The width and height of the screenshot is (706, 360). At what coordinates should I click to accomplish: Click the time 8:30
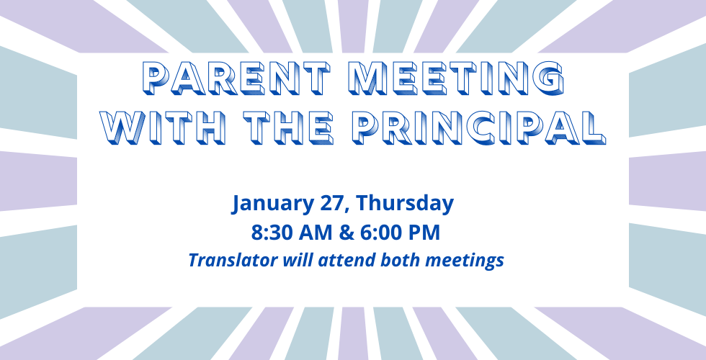click(x=271, y=233)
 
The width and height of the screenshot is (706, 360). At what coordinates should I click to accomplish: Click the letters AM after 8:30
click(x=312, y=233)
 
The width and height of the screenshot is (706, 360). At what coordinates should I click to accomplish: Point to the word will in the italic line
click(x=291, y=260)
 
